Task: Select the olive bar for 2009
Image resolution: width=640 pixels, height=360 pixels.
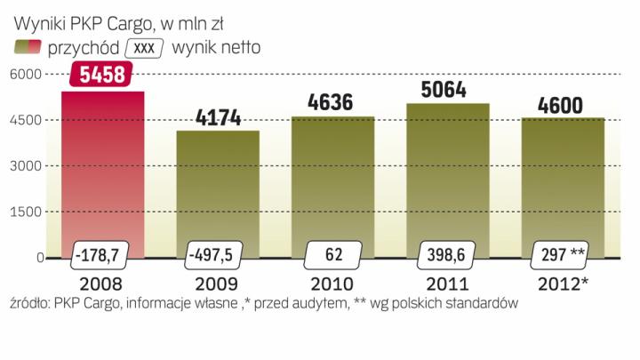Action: pyautogui.click(x=218, y=187)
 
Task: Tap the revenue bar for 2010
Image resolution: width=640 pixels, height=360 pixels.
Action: pyautogui.click(x=332, y=178)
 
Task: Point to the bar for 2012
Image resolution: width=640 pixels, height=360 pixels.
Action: pyautogui.click(x=563, y=178)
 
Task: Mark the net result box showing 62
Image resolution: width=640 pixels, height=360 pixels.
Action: pyautogui.click(x=333, y=256)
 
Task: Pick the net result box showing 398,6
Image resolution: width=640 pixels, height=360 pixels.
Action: pyautogui.click(x=447, y=256)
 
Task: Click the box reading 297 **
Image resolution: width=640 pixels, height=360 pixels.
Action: pyautogui.click(x=563, y=256)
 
